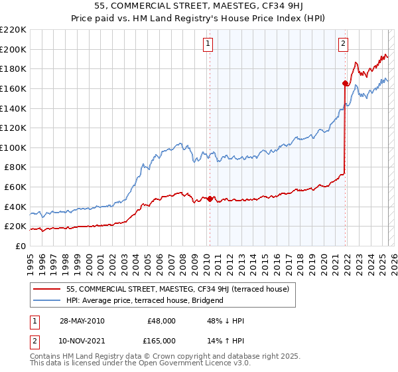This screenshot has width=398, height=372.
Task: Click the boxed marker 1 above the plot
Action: click(x=208, y=44)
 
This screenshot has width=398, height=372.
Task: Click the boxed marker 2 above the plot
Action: click(x=344, y=44)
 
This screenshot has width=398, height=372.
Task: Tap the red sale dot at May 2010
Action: click(x=210, y=199)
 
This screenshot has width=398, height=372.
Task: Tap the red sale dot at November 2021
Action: click(x=345, y=83)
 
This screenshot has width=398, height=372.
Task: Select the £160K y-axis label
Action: click(x=14, y=88)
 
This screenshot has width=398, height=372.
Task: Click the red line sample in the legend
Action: click(x=47, y=290)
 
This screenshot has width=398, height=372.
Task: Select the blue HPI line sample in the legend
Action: click(x=47, y=300)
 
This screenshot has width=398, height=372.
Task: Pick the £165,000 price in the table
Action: click(x=162, y=340)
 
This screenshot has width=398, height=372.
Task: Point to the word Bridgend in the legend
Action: click(x=207, y=300)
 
